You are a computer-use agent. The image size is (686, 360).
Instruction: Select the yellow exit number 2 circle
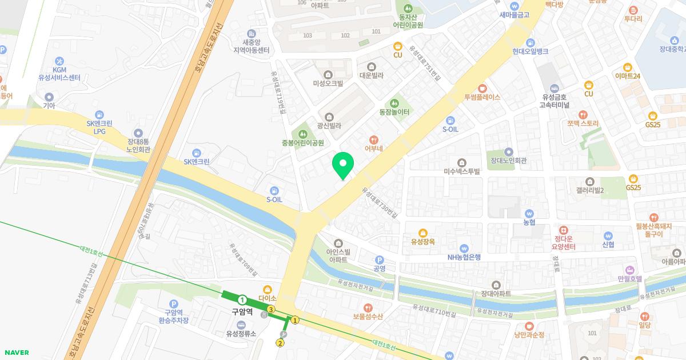coord(280,343)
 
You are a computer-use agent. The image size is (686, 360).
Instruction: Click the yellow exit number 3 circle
coord(271,309)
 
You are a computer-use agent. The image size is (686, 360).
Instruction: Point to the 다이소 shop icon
coord(267,289)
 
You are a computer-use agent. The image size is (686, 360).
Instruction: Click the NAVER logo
coord(15,353)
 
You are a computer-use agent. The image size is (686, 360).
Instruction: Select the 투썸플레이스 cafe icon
coord(482,88)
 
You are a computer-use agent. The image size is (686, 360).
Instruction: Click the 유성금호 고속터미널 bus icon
coord(554,88)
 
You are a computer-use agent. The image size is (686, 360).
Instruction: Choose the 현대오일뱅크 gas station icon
coord(531,42)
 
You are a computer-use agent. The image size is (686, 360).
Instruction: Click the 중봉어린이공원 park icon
coord(303,134)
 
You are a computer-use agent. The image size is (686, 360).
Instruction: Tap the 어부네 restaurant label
coord(373,149)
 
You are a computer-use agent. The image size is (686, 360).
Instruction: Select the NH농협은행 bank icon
coord(464,248)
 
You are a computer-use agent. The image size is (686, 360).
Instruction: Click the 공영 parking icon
coord(379,259)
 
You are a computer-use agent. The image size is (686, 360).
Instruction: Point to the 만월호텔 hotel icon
coord(630,269)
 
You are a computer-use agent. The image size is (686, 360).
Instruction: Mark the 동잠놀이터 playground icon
coord(394,103)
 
